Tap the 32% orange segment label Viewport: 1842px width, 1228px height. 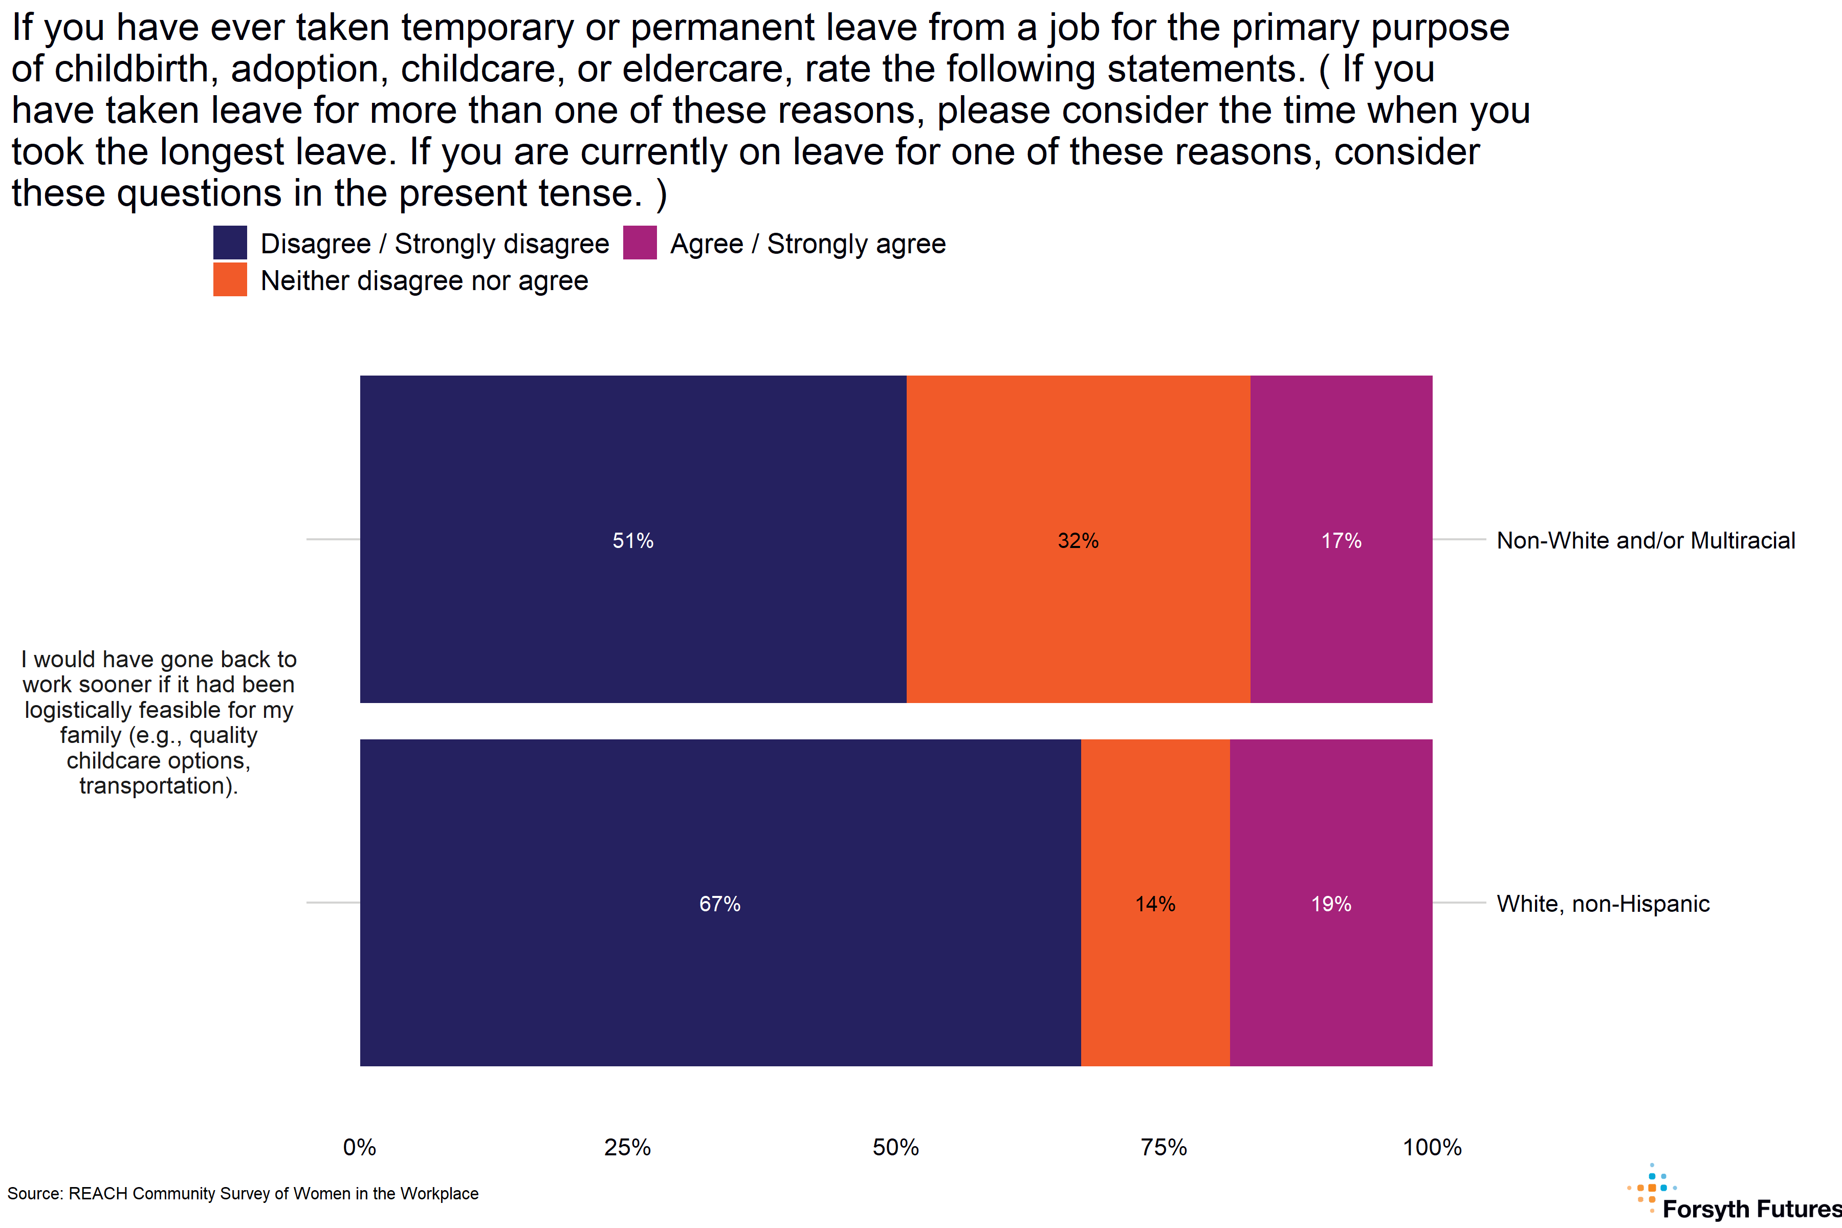pyautogui.click(x=1078, y=540)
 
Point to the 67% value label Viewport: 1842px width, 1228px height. pyautogui.click(x=720, y=904)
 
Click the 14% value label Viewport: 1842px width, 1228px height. pyautogui.click(x=1155, y=904)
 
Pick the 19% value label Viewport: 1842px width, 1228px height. pyautogui.click(x=1331, y=904)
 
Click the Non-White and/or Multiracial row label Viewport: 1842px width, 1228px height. pyautogui.click(x=1646, y=540)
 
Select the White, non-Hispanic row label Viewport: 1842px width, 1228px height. pyautogui.click(x=1603, y=904)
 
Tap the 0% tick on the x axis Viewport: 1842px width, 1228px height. pyautogui.click(x=360, y=1147)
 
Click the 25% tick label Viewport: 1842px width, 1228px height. pyautogui.click(x=627, y=1147)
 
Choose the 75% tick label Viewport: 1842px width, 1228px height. pyautogui.click(x=1164, y=1147)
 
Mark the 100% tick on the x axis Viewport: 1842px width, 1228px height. pyautogui.click(x=1432, y=1147)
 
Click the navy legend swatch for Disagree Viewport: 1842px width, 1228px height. pyautogui.click(x=230, y=243)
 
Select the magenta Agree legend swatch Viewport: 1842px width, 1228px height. pyautogui.click(x=640, y=243)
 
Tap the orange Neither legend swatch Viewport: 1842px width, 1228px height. pyautogui.click(x=230, y=279)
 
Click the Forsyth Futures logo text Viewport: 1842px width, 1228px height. pyautogui.click(x=1751, y=1209)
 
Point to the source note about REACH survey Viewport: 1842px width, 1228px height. pyautogui.click(x=243, y=1194)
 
